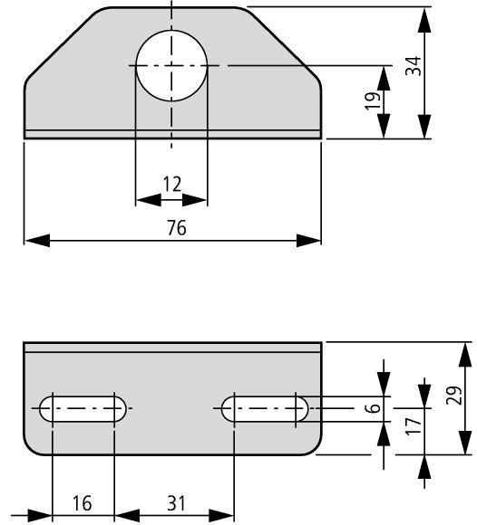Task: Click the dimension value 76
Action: [x=177, y=228]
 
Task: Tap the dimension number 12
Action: [x=172, y=184]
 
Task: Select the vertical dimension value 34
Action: [x=413, y=66]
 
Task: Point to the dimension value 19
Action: [x=373, y=100]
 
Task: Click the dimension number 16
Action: [x=83, y=503]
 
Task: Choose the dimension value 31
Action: [x=176, y=503]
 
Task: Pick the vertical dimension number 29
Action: [x=453, y=396]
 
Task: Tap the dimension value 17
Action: [x=413, y=426]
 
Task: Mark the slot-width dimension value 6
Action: [x=373, y=408]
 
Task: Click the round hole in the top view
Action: [x=171, y=65]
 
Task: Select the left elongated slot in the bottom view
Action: [x=83, y=408]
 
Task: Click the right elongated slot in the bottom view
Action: [x=264, y=408]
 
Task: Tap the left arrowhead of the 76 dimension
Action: [x=37, y=241]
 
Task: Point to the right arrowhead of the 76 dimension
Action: [x=308, y=241]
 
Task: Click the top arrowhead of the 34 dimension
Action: [x=424, y=20]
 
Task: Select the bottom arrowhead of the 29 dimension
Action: [x=465, y=442]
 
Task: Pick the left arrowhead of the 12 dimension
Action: [x=149, y=200]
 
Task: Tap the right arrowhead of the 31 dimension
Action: [x=221, y=515]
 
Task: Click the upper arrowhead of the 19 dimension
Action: [x=384, y=79]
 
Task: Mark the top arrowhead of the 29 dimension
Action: [x=465, y=355]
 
